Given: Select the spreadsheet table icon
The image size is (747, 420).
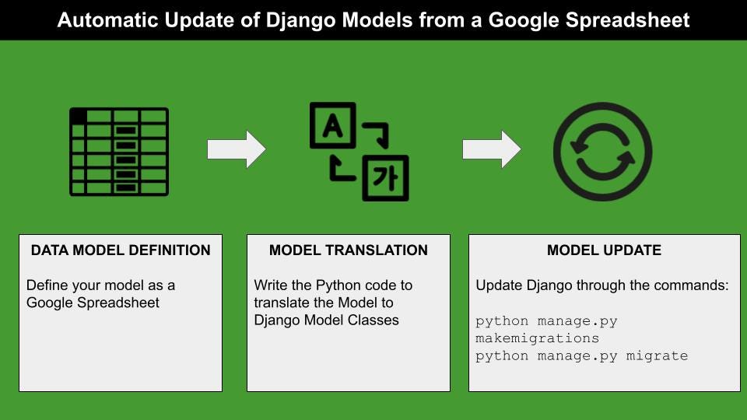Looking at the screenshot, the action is (x=119, y=152).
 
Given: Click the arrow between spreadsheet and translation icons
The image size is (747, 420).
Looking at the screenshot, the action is (x=237, y=149).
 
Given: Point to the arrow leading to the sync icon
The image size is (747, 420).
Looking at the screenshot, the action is (x=492, y=149).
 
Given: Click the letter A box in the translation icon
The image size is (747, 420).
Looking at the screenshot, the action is (x=332, y=125).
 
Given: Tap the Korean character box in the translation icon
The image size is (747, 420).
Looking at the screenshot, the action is (x=385, y=178).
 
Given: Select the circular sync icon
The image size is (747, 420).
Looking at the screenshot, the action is (x=602, y=152).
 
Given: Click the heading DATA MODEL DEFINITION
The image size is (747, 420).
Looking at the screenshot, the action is (x=121, y=250).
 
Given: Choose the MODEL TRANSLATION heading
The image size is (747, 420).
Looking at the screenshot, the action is (x=349, y=250).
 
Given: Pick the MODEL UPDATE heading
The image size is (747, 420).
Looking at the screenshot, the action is (x=604, y=250).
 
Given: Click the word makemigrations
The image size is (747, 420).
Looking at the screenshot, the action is (x=538, y=338).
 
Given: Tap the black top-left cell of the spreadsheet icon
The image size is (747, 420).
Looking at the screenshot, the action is (x=79, y=116).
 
